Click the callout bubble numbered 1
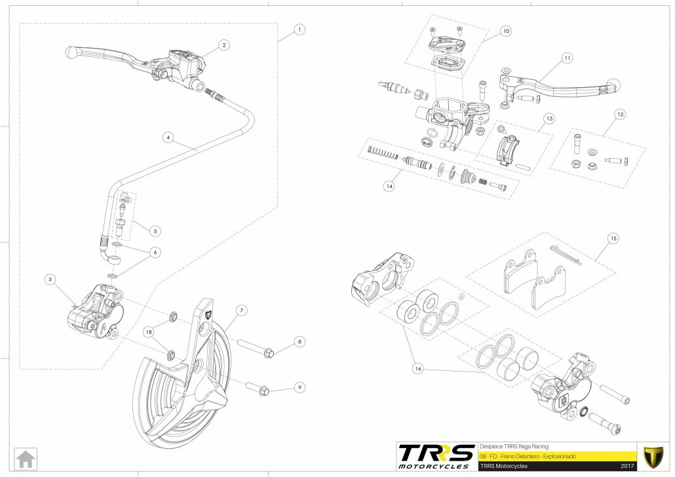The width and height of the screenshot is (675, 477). tap(299, 29)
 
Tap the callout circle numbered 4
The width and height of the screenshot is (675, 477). tap(168, 138)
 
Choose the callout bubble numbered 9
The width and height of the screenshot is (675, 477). tap(299, 387)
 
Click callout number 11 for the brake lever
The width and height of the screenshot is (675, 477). tap(567, 58)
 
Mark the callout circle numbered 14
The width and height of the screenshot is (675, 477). tap(389, 186)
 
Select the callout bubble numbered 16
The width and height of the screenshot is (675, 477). tap(417, 368)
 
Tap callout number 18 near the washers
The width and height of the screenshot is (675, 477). tap(149, 332)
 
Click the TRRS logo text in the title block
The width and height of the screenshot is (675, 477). tap(436, 454)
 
